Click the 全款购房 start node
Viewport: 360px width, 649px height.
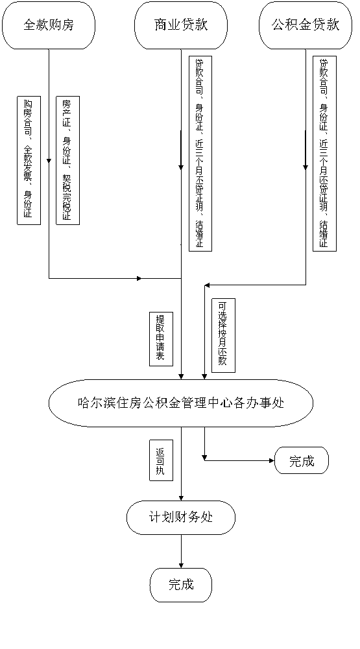click(x=49, y=25)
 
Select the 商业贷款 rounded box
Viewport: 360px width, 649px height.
click(x=181, y=25)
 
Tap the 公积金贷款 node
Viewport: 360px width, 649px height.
click(x=306, y=25)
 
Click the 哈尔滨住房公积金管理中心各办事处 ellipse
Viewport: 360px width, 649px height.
click(x=181, y=403)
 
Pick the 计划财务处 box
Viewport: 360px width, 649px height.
click(x=181, y=517)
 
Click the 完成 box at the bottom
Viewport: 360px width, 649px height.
click(x=181, y=585)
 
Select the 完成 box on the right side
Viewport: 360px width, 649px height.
click(x=302, y=460)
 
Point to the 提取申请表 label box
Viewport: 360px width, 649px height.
click(x=161, y=339)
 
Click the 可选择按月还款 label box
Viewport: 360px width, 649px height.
click(x=223, y=335)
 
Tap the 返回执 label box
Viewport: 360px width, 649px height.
click(x=161, y=460)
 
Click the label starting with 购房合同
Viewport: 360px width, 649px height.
click(x=29, y=161)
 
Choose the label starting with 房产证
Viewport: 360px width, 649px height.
click(x=67, y=161)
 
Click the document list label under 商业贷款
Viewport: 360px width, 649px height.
click(x=200, y=154)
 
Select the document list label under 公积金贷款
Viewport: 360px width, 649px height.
click(x=324, y=154)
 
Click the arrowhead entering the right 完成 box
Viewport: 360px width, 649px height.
click(x=272, y=460)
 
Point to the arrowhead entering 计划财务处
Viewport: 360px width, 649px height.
click(x=181, y=499)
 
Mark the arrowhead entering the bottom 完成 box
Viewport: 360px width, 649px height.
click(x=181, y=565)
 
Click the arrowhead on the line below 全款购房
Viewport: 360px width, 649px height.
click(x=49, y=161)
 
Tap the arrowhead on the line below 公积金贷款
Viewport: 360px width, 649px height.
click(x=306, y=167)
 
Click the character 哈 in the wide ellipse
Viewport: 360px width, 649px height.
click(x=83, y=403)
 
